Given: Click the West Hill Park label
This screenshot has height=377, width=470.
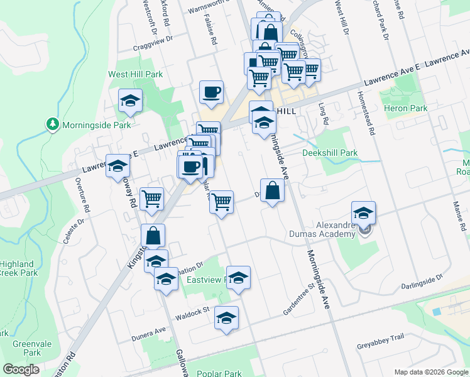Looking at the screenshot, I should (x=135, y=74).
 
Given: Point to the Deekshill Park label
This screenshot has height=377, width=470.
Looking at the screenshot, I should (x=330, y=153).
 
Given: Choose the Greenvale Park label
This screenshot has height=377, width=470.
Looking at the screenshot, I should (x=27, y=348).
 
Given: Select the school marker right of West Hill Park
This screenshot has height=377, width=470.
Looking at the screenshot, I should (x=131, y=101).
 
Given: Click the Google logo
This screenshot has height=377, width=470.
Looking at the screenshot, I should (x=22, y=369).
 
